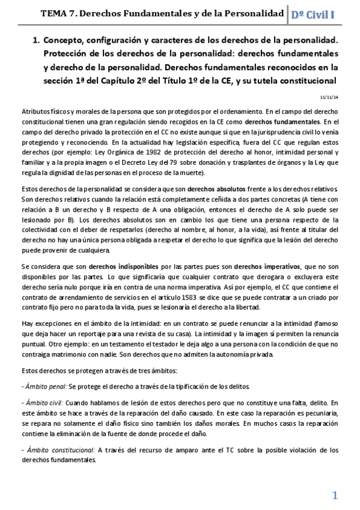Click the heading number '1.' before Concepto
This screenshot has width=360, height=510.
[x=35, y=41]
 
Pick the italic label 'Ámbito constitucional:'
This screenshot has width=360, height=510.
[x=58, y=449]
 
